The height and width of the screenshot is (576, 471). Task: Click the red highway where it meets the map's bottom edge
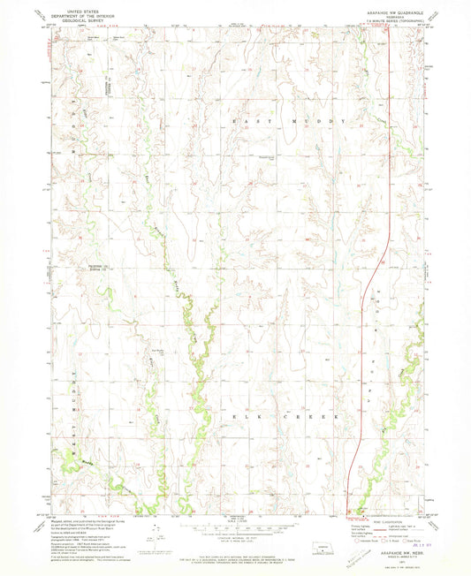[x=350, y=509]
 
